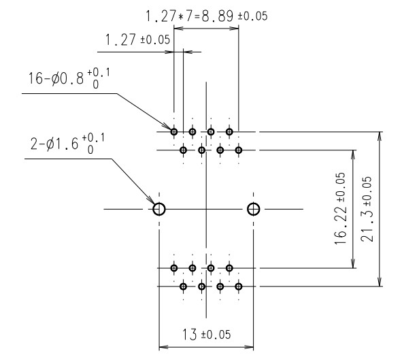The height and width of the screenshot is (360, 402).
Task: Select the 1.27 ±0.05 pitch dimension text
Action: tap(137, 39)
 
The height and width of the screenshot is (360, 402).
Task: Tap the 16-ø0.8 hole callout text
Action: tap(69, 78)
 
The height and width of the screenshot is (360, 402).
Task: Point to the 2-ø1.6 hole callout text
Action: tap(67, 144)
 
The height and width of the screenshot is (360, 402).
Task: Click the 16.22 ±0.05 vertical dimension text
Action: tap(341, 208)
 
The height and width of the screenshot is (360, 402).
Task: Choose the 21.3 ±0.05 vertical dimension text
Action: tap(366, 209)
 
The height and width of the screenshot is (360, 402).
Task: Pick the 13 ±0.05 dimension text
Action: tap(206, 335)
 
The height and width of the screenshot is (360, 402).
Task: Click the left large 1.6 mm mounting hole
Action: tap(159, 209)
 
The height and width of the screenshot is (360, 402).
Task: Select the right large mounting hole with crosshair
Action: tap(253, 209)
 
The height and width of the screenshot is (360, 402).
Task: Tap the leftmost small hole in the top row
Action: tap(174, 132)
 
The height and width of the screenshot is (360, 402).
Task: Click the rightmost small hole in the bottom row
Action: tap(239, 286)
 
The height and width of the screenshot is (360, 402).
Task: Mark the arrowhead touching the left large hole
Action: tap(150, 200)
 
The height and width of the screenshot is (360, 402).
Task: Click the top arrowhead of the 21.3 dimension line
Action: tap(380, 136)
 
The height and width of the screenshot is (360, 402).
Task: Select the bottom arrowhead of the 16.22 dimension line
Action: tap(353, 263)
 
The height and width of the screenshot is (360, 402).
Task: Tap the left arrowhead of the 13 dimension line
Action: tap(164, 347)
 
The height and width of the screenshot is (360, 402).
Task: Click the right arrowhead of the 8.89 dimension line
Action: tap(234, 28)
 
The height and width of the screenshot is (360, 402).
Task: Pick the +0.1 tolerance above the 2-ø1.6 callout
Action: tap(93, 138)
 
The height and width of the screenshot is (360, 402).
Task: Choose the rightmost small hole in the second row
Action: tap(239, 150)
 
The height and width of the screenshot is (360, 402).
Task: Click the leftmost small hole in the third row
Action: tap(174, 268)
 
